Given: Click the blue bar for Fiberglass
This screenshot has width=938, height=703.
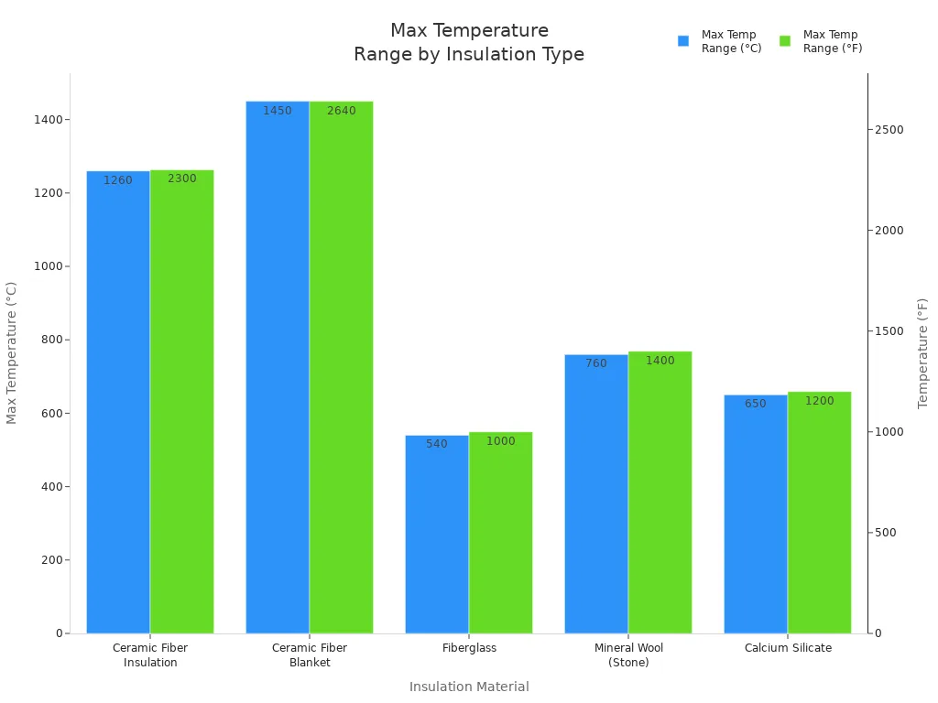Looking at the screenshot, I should [x=437, y=535].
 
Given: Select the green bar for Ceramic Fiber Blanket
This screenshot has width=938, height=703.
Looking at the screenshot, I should [x=341, y=367].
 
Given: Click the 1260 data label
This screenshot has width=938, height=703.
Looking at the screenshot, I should [x=117, y=180].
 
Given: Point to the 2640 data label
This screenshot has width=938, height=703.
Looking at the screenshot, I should [x=341, y=111].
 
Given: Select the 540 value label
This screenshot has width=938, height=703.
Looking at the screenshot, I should [x=437, y=444].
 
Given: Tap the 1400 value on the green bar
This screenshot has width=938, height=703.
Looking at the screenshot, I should [x=660, y=361].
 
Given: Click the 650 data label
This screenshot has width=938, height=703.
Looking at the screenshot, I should [x=755, y=404].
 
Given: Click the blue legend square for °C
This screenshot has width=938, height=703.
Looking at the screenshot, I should [x=683, y=41].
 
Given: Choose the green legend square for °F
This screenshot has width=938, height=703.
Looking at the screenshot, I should [x=785, y=41].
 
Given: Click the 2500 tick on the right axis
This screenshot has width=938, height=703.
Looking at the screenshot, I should [x=889, y=129].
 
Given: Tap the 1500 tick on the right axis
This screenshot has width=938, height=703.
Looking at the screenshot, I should [x=889, y=331].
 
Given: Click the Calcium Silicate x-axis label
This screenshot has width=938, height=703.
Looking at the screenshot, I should [x=788, y=648].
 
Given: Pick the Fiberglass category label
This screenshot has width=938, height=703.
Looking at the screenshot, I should [x=469, y=648].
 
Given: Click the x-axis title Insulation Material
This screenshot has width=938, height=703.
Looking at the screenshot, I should [x=469, y=687].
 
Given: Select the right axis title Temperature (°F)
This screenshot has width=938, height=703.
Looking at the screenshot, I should [x=922, y=353].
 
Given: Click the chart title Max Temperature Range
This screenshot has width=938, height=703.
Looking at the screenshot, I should [x=469, y=43].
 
